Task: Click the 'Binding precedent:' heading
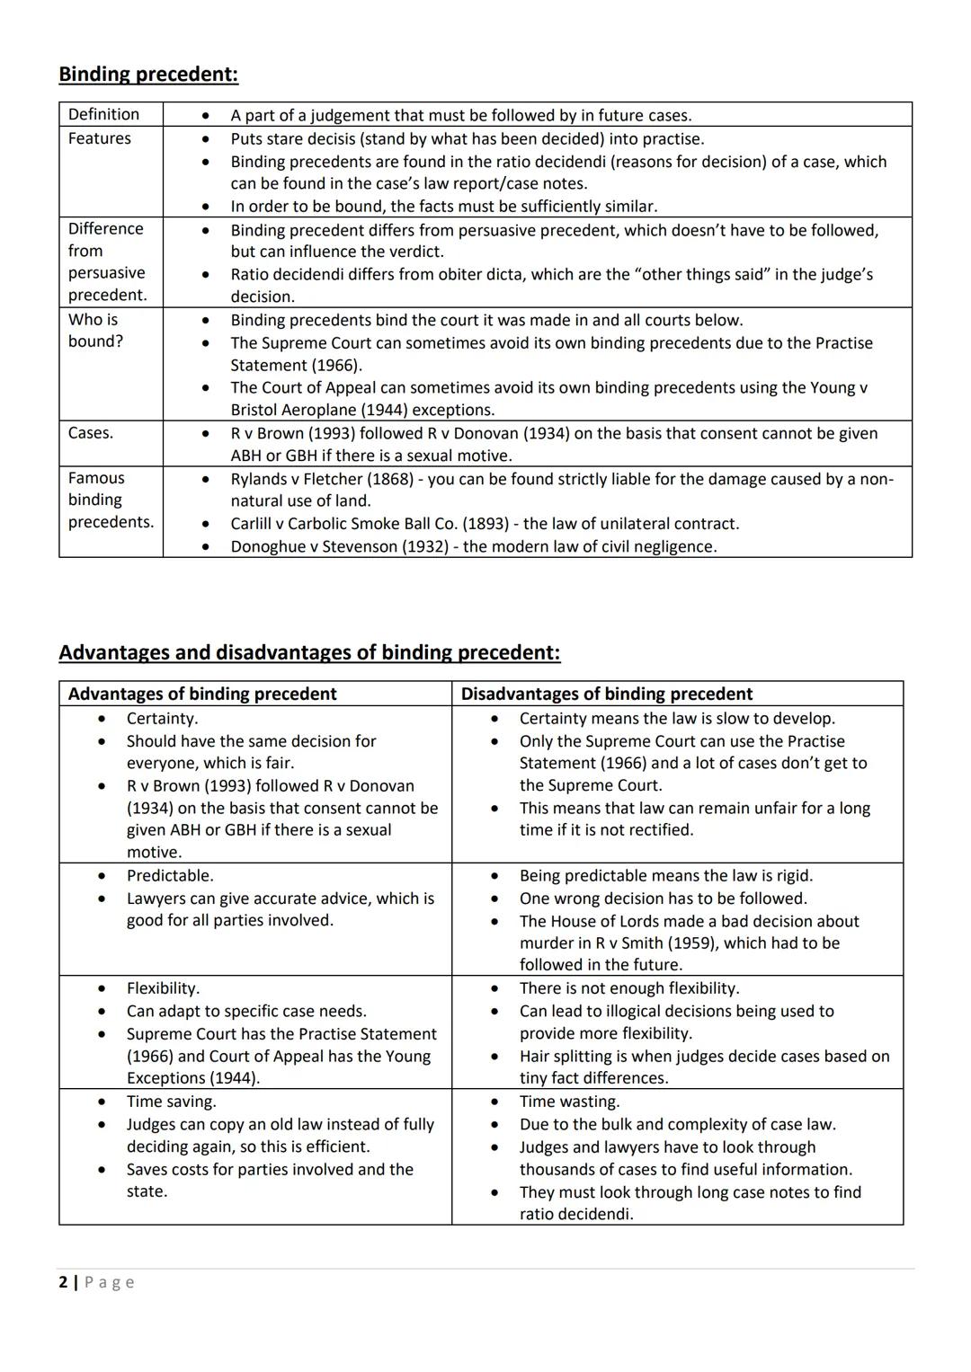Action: pyautogui.click(x=148, y=75)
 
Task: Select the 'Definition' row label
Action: pyautogui.click(x=103, y=114)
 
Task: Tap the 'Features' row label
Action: pyautogui.click(x=99, y=138)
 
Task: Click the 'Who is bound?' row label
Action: pyautogui.click(x=94, y=330)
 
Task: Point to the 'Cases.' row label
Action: pyautogui.click(x=90, y=433)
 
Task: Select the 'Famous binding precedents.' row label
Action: pyautogui.click(x=110, y=500)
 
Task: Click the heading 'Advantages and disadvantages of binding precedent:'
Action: pyautogui.click(x=309, y=652)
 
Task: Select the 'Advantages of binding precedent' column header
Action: pyautogui.click(x=202, y=694)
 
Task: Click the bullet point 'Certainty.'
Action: pyautogui.click(x=162, y=719)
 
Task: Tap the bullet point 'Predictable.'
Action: pyautogui.click(x=170, y=876)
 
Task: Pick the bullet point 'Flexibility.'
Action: pyautogui.click(x=163, y=988)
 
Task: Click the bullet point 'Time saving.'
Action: pyautogui.click(x=171, y=1102)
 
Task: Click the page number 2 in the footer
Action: pyautogui.click(x=63, y=1282)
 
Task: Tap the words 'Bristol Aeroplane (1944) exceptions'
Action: pyautogui.click(x=361, y=411)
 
